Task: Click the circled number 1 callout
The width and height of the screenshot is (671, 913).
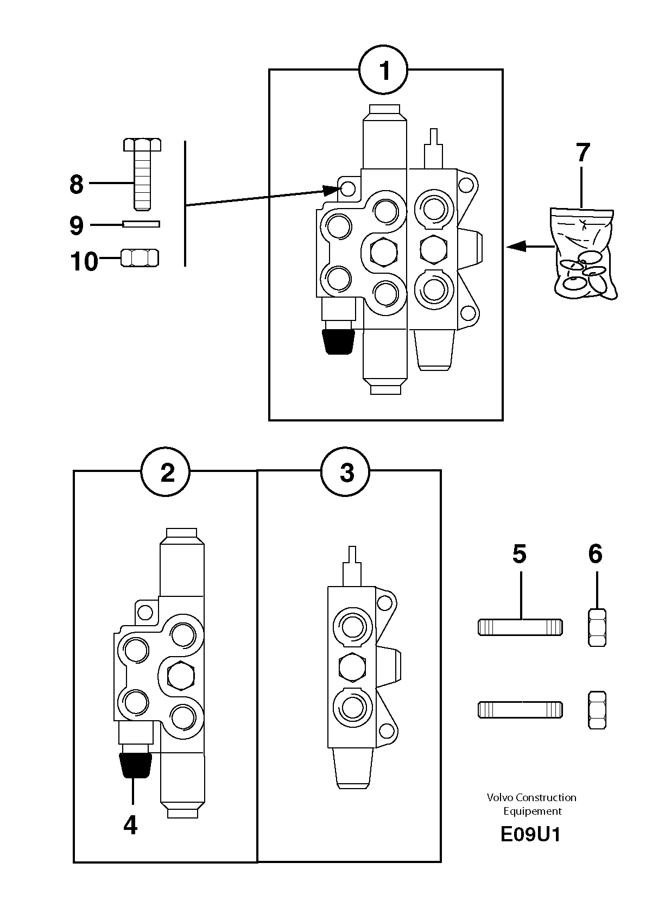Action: tap(383, 70)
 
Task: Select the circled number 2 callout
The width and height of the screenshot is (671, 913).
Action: tap(166, 472)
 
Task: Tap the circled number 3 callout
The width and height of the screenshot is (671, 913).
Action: tap(345, 472)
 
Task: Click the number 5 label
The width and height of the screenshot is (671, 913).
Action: tap(520, 554)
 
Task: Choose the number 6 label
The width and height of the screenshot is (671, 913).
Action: tap(595, 554)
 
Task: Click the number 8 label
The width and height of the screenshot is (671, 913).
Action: tap(77, 184)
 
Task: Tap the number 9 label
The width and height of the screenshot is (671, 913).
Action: tap(77, 225)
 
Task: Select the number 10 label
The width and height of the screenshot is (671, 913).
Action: tap(84, 261)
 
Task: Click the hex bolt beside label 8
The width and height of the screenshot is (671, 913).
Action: tap(142, 174)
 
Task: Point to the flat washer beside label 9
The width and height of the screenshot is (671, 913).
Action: tap(141, 224)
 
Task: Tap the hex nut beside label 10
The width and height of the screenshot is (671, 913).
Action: tap(140, 258)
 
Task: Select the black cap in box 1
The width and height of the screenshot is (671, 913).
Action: tap(338, 342)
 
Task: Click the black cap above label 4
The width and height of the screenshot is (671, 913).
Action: tap(135, 765)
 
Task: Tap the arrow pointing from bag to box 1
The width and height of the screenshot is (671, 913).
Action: tap(530, 246)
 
